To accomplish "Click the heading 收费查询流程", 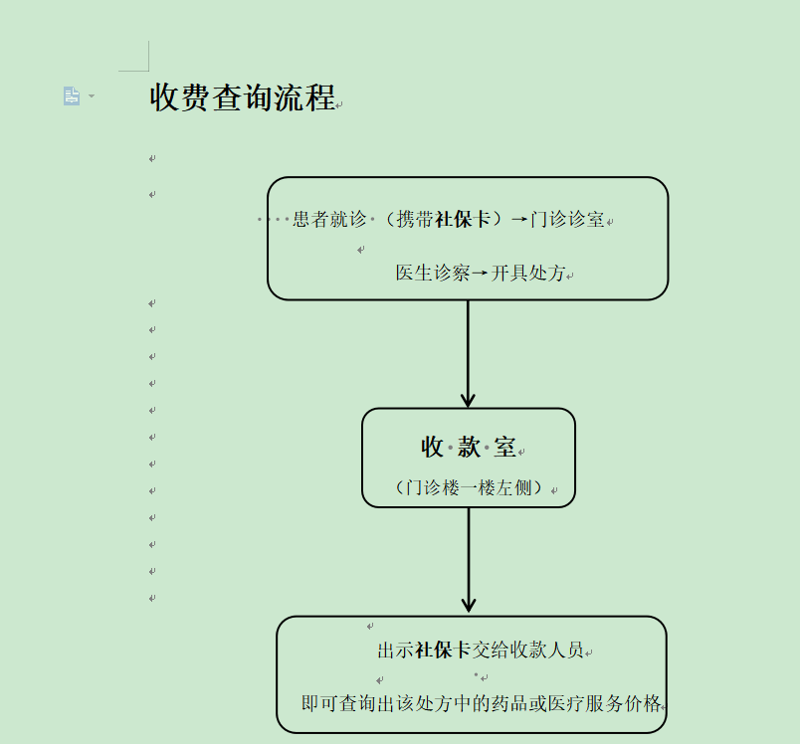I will point(243,97).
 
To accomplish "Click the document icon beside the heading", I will point(72,95).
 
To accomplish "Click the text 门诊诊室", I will point(567,220).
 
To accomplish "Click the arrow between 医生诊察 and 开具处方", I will point(481,273).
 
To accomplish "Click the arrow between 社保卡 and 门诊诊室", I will point(518,220).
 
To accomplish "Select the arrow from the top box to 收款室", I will point(468,353).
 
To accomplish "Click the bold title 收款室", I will point(468,448).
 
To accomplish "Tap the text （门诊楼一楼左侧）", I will point(468,488).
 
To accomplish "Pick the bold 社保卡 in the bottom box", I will point(442,651).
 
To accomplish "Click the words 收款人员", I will point(546,651).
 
